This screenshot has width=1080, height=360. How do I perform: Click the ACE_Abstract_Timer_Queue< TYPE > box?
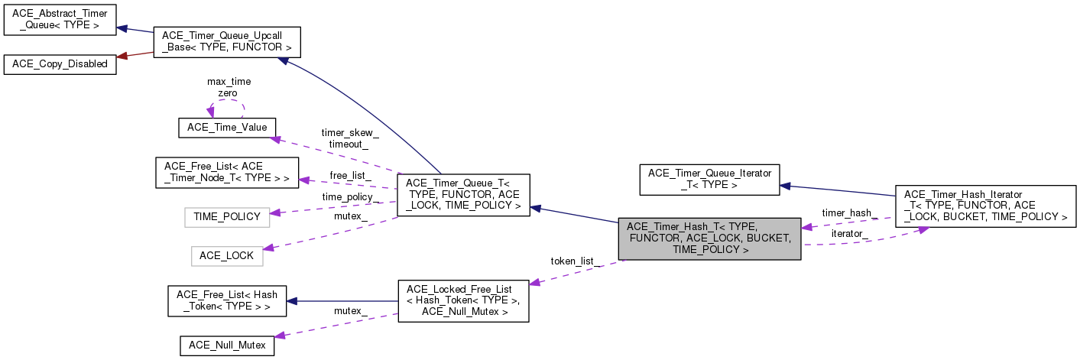[x=60, y=20]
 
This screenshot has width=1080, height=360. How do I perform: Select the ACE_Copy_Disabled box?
[x=60, y=64]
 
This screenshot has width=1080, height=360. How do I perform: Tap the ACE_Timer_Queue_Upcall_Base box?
[x=227, y=42]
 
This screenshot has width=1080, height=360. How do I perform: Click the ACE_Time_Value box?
[x=227, y=128]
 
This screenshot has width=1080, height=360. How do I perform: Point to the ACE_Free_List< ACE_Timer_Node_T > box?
[x=227, y=172]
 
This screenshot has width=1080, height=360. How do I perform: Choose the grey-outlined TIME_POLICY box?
[x=227, y=216]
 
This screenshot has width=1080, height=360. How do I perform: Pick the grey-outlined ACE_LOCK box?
[x=226, y=255]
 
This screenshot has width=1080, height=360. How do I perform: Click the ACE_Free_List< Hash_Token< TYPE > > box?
[x=227, y=300]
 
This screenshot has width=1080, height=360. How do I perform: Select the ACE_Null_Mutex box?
[x=227, y=345]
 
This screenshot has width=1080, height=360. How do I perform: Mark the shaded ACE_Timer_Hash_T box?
[x=709, y=238]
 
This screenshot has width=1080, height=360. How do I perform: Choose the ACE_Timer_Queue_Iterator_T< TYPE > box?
[x=709, y=178]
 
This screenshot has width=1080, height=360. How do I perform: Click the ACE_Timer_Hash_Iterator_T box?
[x=984, y=206]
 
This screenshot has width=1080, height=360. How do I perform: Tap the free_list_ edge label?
[x=350, y=175]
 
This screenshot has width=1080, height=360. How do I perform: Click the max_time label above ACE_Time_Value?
[x=229, y=81]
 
